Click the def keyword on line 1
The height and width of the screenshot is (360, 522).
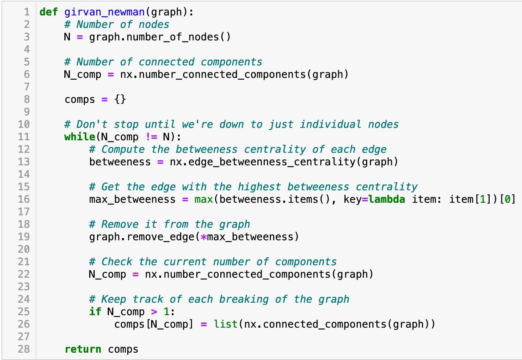click(49, 12)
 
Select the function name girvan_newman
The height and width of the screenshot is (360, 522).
click(104, 12)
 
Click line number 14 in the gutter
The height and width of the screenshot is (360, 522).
click(24, 174)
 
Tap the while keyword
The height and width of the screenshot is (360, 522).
click(80, 137)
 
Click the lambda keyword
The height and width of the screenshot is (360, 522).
click(387, 199)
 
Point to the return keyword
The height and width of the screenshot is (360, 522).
click(83, 349)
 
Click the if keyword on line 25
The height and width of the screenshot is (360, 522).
click(95, 312)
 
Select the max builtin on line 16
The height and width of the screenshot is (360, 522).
click(204, 199)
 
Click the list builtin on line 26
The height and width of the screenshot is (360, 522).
click(225, 324)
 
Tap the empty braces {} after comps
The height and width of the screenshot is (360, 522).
click(120, 99)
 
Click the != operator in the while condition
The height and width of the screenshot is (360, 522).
click(151, 137)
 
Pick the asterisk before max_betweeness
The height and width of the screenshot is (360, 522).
click(204, 237)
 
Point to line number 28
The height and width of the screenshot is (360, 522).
click(24, 349)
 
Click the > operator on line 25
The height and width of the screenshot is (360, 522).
click(154, 312)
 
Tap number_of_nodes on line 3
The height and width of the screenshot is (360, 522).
click(173, 37)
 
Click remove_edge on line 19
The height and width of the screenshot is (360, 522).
click(161, 237)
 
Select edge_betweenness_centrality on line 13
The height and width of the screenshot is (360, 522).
click(272, 162)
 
